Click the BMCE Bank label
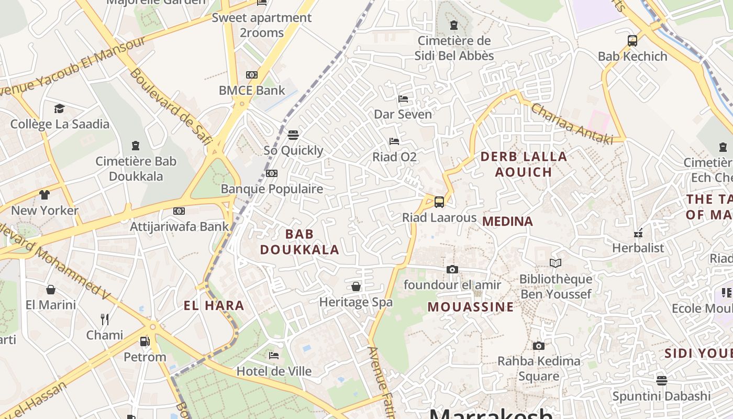click(252, 90)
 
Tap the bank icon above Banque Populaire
click(271, 173)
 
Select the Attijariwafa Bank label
click(180, 226)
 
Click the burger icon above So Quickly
click(293, 135)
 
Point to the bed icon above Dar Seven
click(403, 98)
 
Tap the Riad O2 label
click(394, 157)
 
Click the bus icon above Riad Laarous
click(439, 202)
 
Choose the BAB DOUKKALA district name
click(299, 242)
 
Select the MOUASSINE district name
click(471, 307)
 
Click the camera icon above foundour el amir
click(452, 270)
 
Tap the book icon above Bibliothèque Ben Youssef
click(555, 263)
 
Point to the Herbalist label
click(638, 248)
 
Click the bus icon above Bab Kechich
click(632, 40)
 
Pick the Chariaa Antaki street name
click(572, 124)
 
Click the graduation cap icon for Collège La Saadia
click(59, 108)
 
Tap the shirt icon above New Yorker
click(45, 195)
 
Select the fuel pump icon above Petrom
click(145, 341)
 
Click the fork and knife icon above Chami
click(104, 319)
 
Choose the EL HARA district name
click(214, 306)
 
